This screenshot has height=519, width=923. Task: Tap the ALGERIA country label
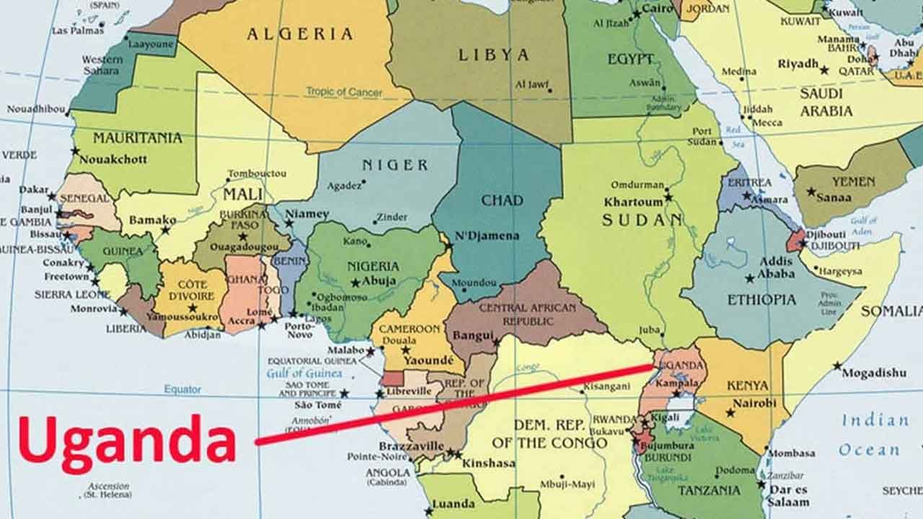[x=300, y=34]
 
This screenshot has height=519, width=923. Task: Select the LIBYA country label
[x=493, y=54]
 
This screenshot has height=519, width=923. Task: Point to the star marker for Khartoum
[x=668, y=196]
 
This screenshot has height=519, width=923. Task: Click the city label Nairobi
[x=754, y=403]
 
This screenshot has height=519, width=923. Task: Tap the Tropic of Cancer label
[x=344, y=92]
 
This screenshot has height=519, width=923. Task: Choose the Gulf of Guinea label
[x=304, y=373]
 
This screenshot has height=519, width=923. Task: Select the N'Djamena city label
[x=487, y=236]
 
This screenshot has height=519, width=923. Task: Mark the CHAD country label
[x=502, y=200]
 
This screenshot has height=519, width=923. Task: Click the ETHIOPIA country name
[x=761, y=299]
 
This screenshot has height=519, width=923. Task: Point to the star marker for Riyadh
[x=824, y=71]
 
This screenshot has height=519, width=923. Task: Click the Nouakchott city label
[x=112, y=159]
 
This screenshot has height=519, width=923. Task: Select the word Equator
[x=182, y=389]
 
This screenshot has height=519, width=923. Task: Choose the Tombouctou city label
[x=257, y=174]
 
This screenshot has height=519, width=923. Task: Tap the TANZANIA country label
[x=709, y=490]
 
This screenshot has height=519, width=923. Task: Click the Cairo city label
[x=657, y=7]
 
